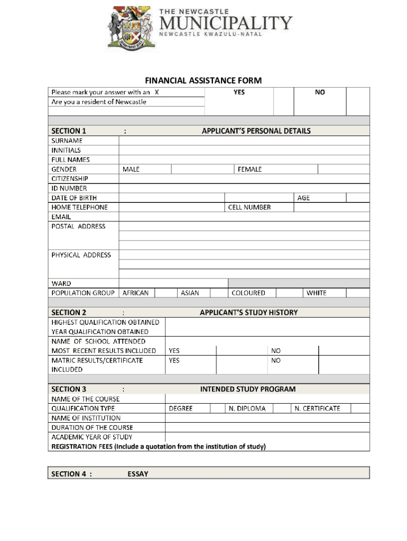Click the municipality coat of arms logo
point(129,28)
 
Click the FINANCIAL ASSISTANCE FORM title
point(203,80)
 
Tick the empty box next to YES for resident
point(283,101)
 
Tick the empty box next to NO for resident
point(358,101)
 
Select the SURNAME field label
point(67,141)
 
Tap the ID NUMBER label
point(69,189)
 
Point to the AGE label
point(303,198)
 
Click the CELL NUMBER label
point(249,208)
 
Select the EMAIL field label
point(61,217)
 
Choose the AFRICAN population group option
point(136,293)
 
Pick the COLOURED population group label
point(248,293)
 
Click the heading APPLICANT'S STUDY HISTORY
point(248,312)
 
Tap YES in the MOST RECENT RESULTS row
point(174,351)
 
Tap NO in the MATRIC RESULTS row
point(276,360)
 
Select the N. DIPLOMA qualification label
point(247,408)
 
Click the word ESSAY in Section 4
point(138,474)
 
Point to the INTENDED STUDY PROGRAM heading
point(248,389)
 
